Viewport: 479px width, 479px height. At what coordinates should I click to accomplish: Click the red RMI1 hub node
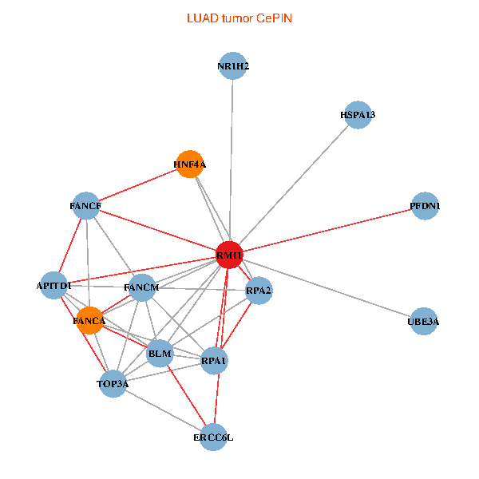tap(229, 255)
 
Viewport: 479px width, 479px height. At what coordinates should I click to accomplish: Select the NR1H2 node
tap(233, 65)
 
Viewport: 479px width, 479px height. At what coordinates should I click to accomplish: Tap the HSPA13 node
tap(358, 115)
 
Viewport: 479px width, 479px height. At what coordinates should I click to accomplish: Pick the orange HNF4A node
tap(190, 164)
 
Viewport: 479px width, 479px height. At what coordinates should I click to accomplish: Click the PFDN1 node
tap(425, 206)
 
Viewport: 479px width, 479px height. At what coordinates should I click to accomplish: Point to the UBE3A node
tap(423, 322)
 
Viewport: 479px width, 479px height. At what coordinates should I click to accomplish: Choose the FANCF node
tap(86, 206)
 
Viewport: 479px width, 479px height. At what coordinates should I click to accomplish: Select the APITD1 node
tap(53, 285)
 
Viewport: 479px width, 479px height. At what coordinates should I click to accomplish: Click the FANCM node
tap(142, 287)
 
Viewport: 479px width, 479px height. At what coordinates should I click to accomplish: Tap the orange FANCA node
tap(89, 320)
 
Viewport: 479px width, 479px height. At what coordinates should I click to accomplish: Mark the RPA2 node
tap(259, 291)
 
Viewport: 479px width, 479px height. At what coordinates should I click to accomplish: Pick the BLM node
tap(160, 354)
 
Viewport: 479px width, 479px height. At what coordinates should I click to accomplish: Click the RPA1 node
tap(214, 361)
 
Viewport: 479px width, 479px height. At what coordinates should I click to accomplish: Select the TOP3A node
tap(113, 384)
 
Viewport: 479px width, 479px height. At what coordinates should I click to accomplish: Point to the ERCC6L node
tap(213, 437)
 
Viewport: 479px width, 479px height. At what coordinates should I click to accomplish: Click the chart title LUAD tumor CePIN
tap(239, 18)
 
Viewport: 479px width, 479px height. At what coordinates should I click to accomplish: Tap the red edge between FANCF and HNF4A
tap(138, 185)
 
